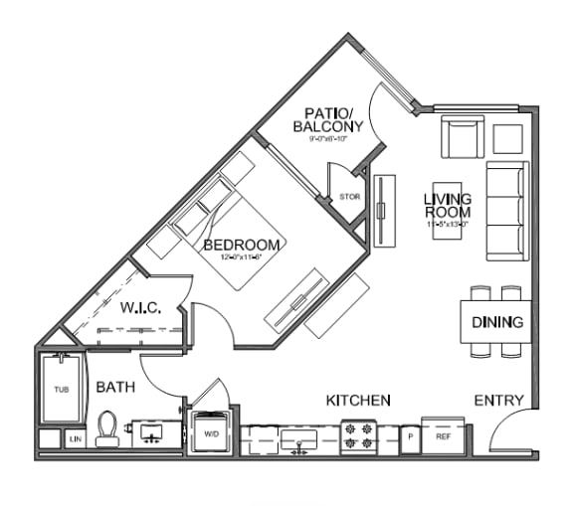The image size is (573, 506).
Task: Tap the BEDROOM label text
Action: click(242, 245)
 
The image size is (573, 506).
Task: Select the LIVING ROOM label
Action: click(447, 206)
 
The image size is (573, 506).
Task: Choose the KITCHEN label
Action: click(358, 400)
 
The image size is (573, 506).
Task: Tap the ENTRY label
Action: click(498, 400)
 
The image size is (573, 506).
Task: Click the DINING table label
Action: click(497, 322)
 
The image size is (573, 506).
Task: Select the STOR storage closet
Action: click(349, 197)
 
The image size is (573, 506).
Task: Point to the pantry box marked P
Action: click(409, 436)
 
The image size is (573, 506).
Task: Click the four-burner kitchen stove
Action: click(358, 435)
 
